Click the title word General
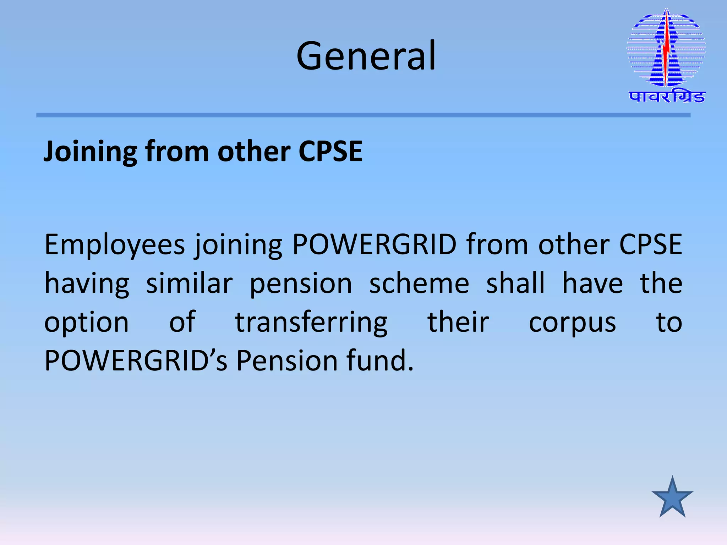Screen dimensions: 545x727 click(x=366, y=56)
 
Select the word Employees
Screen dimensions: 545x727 click(x=115, y=245)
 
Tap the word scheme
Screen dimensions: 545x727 click(x=419, y=283)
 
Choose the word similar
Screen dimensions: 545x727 click(x=189, y=283)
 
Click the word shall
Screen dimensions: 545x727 click(x=515, y=283)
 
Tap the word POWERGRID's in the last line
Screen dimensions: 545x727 click(x=136, y=361)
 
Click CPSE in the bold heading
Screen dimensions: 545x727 click(x=330, y=152)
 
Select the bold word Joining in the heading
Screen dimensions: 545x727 click(x=90, y=152)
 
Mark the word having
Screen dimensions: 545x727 click(x=87, y=283)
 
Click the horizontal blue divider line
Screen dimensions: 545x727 click(x=363, y=115)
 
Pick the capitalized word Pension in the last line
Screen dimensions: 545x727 click(x=287, y=361)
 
